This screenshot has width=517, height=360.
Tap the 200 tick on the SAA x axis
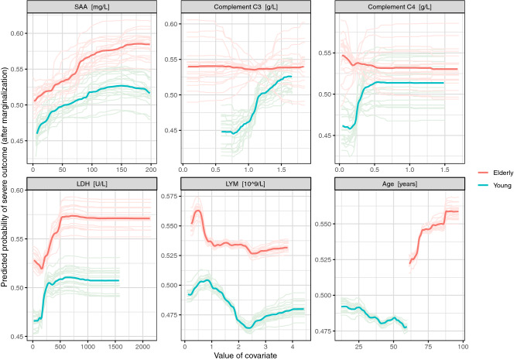150,168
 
